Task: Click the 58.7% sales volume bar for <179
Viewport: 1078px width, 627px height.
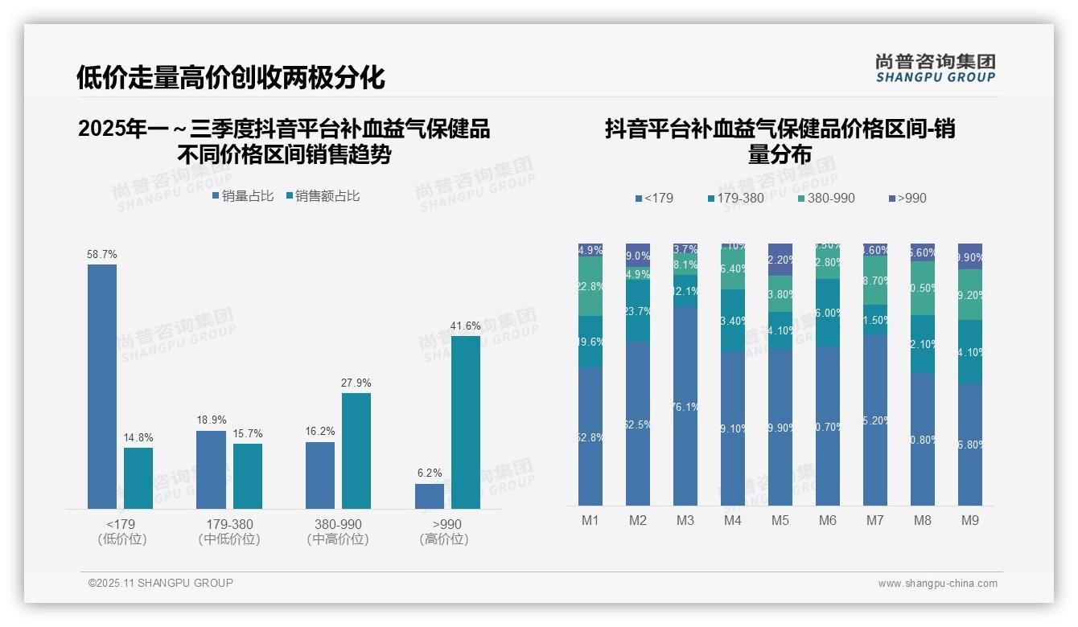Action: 102,386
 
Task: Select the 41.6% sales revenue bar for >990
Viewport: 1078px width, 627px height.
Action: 465,422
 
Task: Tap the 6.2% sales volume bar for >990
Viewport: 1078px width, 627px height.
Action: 430,496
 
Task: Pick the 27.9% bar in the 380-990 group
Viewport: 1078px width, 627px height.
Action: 356,450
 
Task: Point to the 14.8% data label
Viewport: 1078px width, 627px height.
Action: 138,438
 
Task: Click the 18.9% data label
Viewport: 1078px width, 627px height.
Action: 212,420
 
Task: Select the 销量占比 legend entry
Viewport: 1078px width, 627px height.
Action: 243,196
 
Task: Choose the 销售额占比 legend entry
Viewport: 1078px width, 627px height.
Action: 323,196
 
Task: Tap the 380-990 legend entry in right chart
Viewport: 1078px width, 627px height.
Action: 826,199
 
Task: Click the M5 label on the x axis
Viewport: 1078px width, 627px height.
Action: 780,521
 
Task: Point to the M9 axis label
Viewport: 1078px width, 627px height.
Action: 970,521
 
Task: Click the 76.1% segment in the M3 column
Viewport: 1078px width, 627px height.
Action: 685,406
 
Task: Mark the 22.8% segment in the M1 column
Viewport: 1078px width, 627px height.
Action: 590,287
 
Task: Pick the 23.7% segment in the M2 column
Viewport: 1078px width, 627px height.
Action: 638,311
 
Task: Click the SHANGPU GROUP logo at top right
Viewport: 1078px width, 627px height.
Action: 935,68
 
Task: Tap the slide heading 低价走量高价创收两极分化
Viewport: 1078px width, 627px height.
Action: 231,77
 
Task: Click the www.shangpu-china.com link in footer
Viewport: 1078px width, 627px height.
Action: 937,584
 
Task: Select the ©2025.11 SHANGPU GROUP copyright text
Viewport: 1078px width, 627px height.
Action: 161,584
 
